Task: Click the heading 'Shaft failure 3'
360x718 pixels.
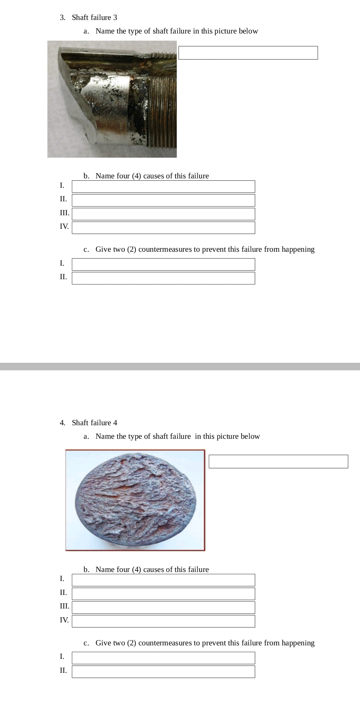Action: pyautogui.click(x=94, y=17)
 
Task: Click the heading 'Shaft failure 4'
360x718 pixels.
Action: pyautogui.click(x=94, y=423)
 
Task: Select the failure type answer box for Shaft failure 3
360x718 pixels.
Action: pyautogui.click(x=248, y=53)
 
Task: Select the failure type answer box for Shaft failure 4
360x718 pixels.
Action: pyautogui.click(x=278, y=462)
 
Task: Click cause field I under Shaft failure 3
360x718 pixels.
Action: pyautogui.click(x=163, y=187)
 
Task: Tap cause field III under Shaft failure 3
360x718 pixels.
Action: pyautogui.click(x=163, y=214)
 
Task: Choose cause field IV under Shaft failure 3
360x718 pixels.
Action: pyautogui.click(x=163, y=228)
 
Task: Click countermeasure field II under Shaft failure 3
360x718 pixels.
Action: pyautogui.click(x=163, y=278)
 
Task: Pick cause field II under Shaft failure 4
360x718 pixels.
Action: pyautogui.click(x=163, y=594)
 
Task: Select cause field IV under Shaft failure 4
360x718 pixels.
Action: pyautogui.click(x=163, y=621)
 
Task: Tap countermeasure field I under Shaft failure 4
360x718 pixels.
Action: pyautogui.click(x=163, y=658)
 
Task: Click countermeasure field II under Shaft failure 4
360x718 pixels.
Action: pyautogui.click(x=163, y=672)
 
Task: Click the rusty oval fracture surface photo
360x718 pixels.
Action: pyautogui.click(x=135, y=500)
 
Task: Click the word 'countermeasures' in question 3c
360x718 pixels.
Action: pyautogui.click(x=165, y=249)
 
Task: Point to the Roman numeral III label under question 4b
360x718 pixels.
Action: pyautogui.click(x=64, y=606)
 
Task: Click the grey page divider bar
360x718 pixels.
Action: pyautogui.click(x=180, y=366)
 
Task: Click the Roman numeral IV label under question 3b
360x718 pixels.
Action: pyautogui.click(x=64, y=226)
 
